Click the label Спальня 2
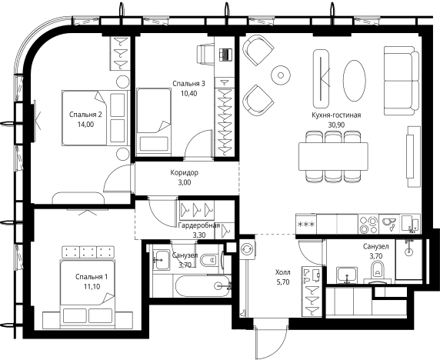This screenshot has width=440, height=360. [x=85, y=115]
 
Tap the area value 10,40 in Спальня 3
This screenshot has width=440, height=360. [x=189, y=93]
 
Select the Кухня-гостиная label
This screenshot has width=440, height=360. [x=336, y=115]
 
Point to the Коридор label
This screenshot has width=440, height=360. [x=185, y=172]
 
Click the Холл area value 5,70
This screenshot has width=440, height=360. [x=283, y=282]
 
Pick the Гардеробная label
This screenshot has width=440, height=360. [x=199, y=225]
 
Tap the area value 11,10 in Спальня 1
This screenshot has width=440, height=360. [x=92, y=286]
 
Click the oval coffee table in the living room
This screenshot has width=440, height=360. [x=355, y=81]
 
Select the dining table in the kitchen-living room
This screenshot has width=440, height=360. [x=333, y=156]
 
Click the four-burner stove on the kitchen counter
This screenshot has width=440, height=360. [x=368, y=224]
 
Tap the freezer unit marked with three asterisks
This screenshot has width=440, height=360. [x=306, y=224]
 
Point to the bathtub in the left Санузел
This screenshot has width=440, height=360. [x=203, y=285]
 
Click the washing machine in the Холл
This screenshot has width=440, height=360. [x=248, y=249]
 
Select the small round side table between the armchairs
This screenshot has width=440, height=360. [x=281, y=75]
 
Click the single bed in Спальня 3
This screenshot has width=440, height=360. [x=154, y=122]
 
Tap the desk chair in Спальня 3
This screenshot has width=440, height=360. [x=205, y=54]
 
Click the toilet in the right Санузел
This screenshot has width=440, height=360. [x=378, y=272]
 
